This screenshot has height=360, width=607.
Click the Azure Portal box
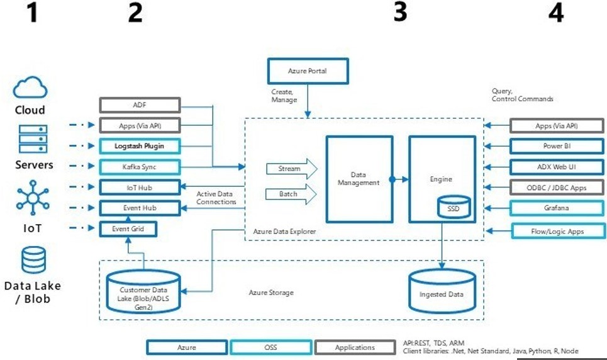click(x=307, y=71)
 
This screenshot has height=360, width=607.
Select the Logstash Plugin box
click(x=140, y=146)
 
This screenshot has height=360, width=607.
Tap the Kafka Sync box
click(x=140, y=167)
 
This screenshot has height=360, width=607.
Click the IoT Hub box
click(x=140, y=187)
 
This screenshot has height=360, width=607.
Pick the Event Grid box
click(x=128, y=228)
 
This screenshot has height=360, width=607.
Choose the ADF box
click(x=140, y=105)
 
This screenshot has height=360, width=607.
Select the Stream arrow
click(x=290, y=169)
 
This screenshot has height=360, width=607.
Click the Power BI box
click(x=557, y=147)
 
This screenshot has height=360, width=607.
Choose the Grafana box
click(x=557, y=208)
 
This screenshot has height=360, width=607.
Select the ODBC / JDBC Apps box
click(x=557, y=187)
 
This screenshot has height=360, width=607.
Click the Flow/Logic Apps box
click(x=557, y=231)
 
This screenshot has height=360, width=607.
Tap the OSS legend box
click(x=271, y=347)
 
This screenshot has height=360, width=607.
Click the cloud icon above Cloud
click(x=30, y=87)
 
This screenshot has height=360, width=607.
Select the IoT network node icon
click(x=30, y=197)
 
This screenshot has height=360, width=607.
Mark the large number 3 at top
click(x=400, y=13)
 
